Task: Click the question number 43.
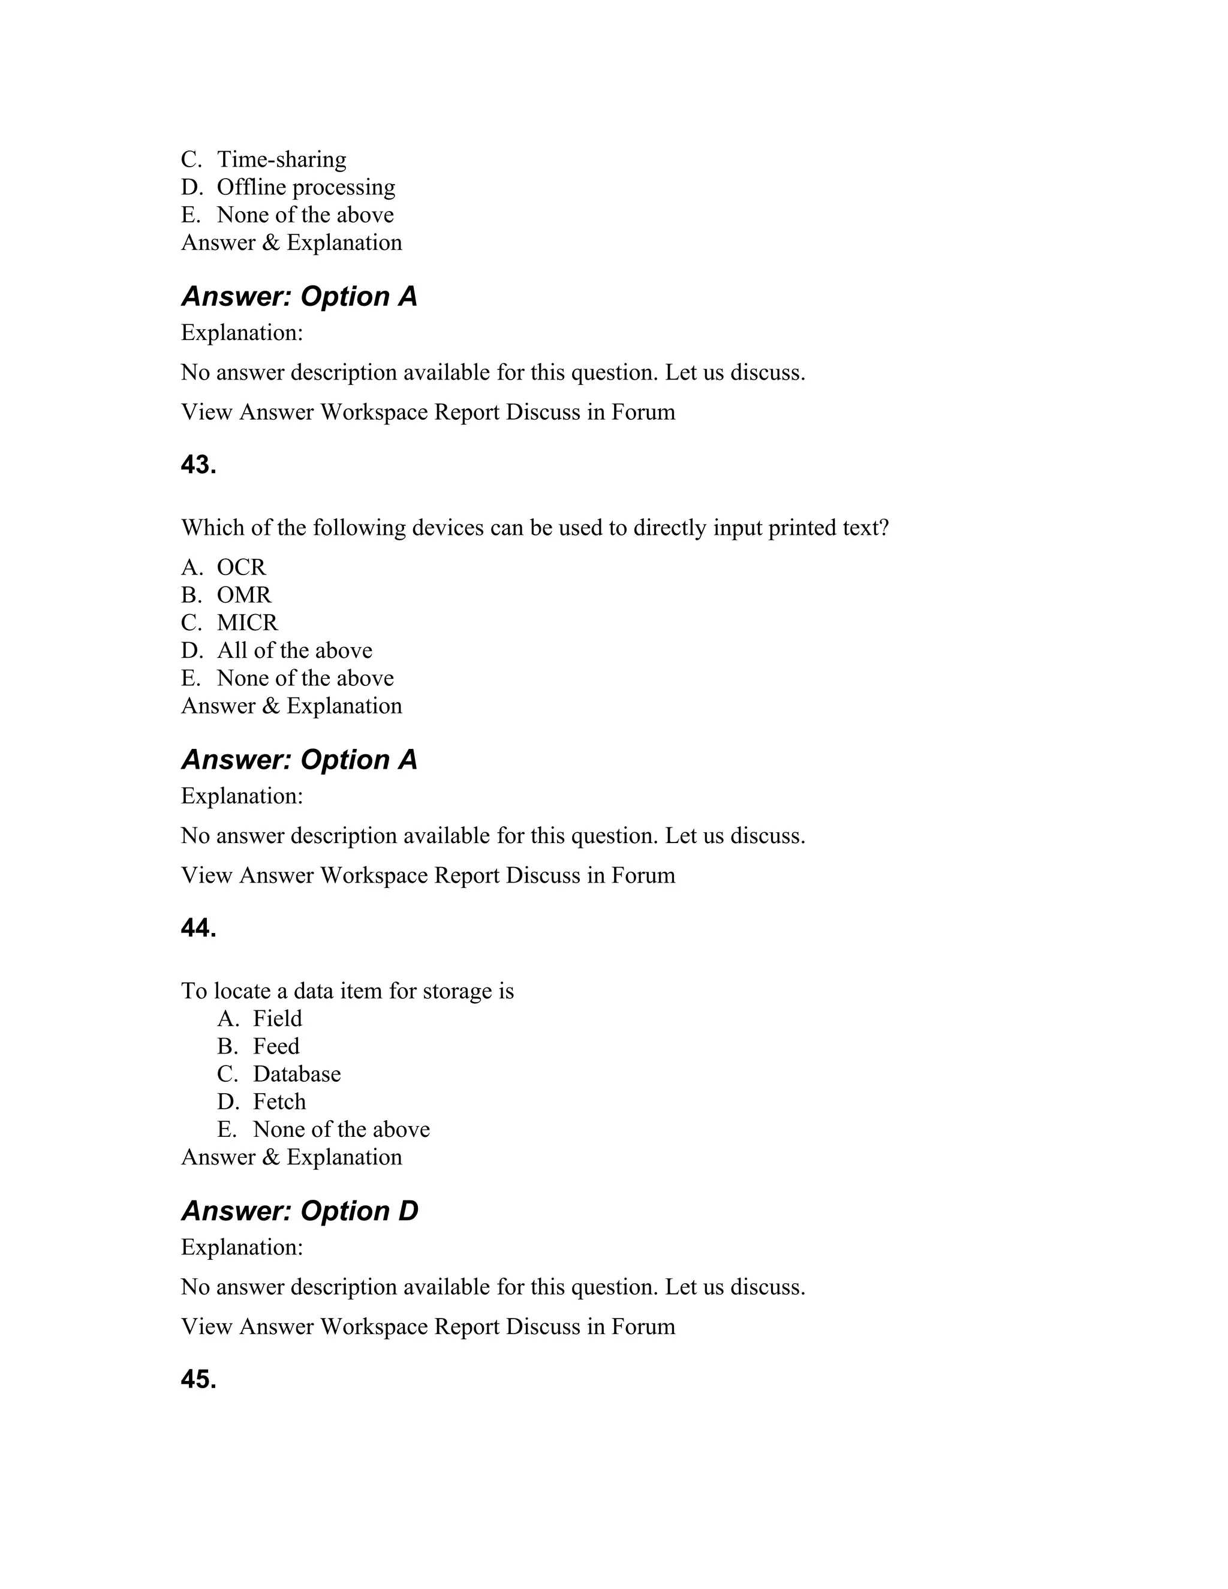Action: pyautogui.click(x=198, y=465)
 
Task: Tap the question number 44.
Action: pyautogui.click(x=198, y=928)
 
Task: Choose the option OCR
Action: pyautogui.click(x=242, y=567)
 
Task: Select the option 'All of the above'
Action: pyautogui.click(x=294, y=651)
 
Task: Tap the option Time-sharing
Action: pyautogui.click(x=282, y=159)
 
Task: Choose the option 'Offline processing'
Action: pyautogui.click(x=306, y=187)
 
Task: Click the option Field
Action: pyautogui.click(x=277, y=1019)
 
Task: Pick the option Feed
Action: pyautogui.click(x=276, y=1046)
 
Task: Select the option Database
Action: pyautogui.click(x=297, y=1074)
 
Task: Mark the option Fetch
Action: pyautogui.click(x=279, y=1102)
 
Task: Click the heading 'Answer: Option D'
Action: pyautogui.click(x=300, y=1211)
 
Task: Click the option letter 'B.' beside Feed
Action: pyautogui.click(x=228, y=1046)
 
